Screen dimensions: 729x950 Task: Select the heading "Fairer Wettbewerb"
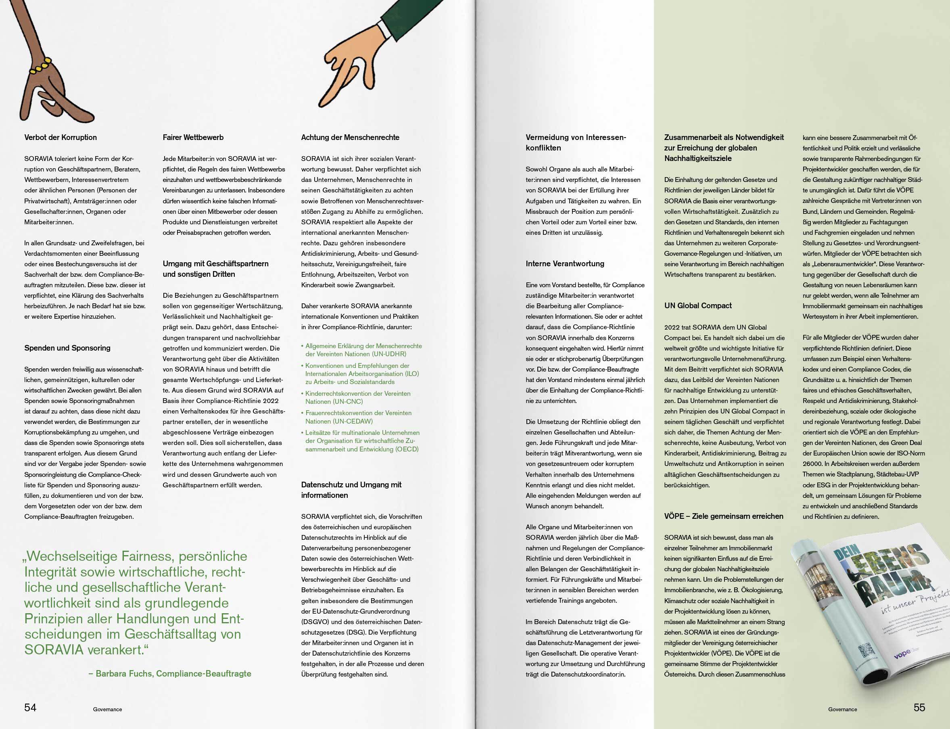193,138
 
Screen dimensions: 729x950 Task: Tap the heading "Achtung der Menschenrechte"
350,138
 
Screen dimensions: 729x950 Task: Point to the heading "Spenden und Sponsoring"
67,348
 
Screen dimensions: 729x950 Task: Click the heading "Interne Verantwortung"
565,264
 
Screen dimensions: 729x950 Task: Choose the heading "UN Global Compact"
697,305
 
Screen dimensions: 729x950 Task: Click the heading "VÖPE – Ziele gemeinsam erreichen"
724,516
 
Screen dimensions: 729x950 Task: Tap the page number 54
30,707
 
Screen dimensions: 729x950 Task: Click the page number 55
919,707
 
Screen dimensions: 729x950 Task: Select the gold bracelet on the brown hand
40,67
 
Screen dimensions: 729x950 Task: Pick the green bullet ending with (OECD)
362,441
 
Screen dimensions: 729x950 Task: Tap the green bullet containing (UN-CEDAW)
358,417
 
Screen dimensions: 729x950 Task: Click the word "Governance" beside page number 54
107,710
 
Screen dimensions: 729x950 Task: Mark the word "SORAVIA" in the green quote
54,650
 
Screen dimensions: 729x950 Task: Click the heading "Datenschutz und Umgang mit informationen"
351,490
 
